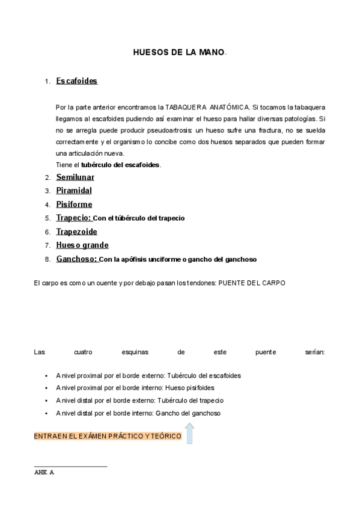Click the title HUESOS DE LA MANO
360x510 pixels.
click(x=180, y=52)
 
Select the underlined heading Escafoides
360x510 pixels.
click(x=76, y=81)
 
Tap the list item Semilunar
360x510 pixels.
click(x=75, y=177)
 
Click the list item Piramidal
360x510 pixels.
click(x=74, y=191)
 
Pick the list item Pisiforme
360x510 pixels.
click(x=74, y=204)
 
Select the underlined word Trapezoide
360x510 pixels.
click(x=76, y=232)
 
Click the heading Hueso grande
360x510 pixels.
click(x=82, y=245)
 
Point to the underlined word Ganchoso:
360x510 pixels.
click(x=77, y=259)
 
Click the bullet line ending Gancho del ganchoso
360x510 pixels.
click(x=138, y=413)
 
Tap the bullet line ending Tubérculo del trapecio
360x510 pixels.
click(x=140, y=401)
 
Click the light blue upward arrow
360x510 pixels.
click(x=189, y=433)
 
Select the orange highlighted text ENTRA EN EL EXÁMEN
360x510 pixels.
click(x=108, y=436)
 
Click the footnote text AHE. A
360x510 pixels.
click(x=44, y=473)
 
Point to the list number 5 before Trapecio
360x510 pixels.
click(x=47, y=218)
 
